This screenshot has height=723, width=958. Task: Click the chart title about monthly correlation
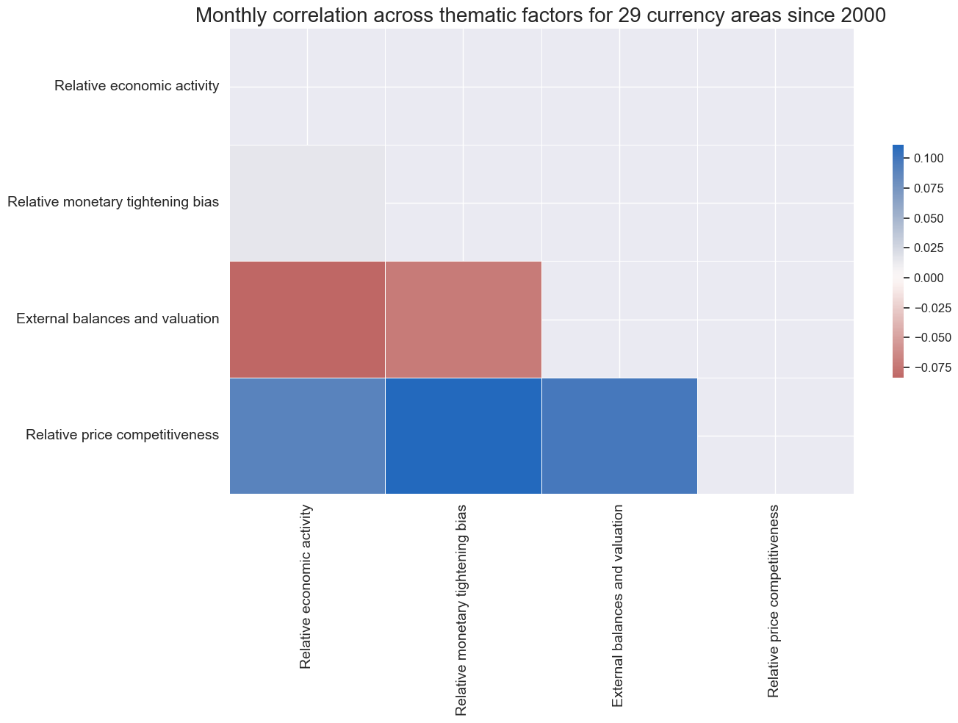pos(541,16)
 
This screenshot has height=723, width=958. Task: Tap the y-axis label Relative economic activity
pos(137,87)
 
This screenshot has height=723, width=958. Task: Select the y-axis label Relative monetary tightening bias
pos(113,203)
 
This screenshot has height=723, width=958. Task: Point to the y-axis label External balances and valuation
pos(118,319)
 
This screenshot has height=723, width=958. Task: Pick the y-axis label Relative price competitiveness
pos(122,435)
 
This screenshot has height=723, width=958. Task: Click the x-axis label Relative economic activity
pos(306,586)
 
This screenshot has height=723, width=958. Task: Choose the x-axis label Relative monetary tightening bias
pos(462,610)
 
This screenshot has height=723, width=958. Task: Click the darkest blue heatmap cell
pos(463,436)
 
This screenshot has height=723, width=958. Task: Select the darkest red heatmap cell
pos(307,320)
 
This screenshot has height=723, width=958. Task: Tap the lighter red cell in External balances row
pos(463,320)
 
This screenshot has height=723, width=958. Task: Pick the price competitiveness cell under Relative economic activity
pos(307,436)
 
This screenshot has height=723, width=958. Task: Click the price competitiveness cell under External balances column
pos(619,436)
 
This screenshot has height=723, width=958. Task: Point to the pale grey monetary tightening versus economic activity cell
pos(307,204)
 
